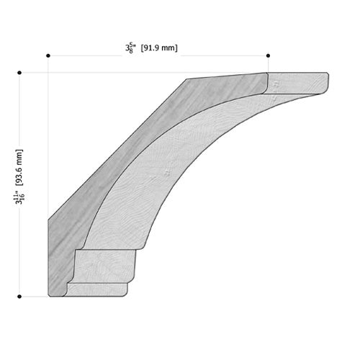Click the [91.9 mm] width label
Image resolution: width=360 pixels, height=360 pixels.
pos(159,48)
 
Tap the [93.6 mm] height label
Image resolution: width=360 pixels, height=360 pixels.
pos(19,168)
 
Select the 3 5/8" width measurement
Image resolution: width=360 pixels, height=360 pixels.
pos(130,48)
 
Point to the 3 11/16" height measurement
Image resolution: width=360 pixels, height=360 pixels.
pos(19,197)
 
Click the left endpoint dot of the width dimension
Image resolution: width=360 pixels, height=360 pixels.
pos(48,55)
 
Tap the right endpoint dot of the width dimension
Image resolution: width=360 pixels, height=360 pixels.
pos(268,55)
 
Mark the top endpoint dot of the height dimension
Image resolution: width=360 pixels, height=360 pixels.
pos(19,73)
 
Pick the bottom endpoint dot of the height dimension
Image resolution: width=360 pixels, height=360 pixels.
pos(19,297)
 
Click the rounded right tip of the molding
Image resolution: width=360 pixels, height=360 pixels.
pos(328,81)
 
